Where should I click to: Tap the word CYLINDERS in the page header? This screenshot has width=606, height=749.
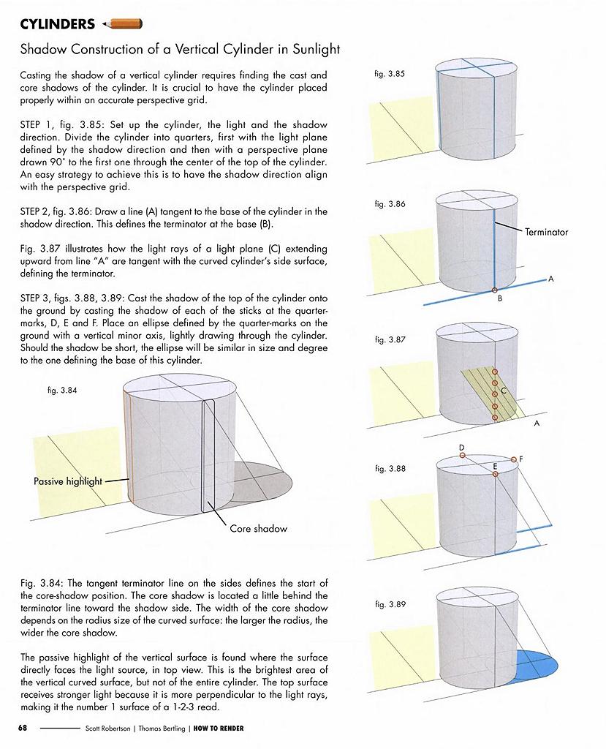(x=58, y=24)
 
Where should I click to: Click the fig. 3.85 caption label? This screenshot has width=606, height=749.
(x=389, y=75)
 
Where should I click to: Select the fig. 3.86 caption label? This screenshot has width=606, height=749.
(x=389, y=204)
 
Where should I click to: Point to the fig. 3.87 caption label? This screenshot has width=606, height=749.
(x=390, y=340)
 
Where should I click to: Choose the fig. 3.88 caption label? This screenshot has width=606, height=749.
(x=390, y=468)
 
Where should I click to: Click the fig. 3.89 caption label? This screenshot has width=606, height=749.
(x=390, y=604)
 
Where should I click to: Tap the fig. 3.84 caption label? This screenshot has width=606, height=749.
(x=61, y=391)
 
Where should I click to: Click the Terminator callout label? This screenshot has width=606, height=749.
(x=546, y=232)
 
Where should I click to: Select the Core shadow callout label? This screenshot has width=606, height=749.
(x=258, y=528)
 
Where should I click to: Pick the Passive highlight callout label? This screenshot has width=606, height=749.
(x=68, y=481)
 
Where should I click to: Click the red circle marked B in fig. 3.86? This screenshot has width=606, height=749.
(x=495, y=291)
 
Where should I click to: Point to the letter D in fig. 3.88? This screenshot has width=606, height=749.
(x=462, y=447)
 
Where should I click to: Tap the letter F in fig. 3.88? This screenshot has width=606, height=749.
(x=521, y=459)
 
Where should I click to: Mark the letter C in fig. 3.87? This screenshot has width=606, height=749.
(x=504, y=391)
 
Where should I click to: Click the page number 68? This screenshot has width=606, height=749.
(x=23, y=728)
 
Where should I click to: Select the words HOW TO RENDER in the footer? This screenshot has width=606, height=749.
(x=219, y=729)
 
